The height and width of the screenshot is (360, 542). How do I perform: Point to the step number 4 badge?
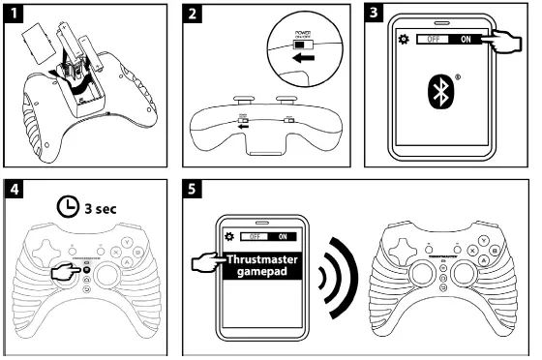pyautogui.click(x=14, y=187)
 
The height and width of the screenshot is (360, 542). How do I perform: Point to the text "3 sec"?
pyautogui.click(x=100, y=206)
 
